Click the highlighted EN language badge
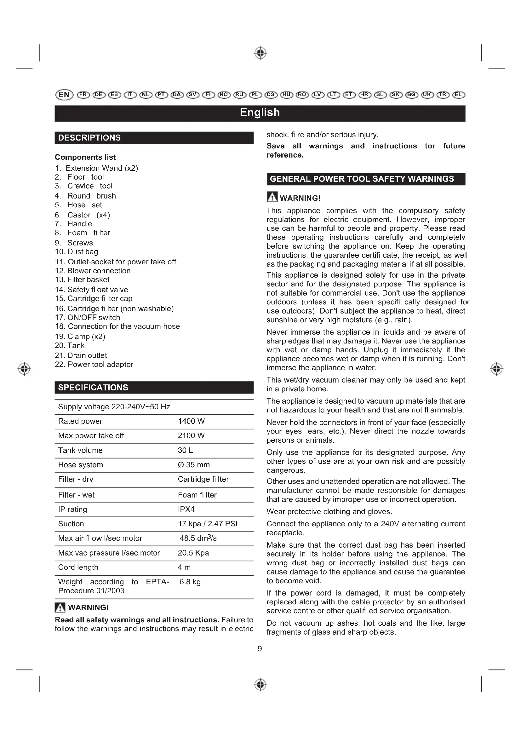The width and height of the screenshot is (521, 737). coord(64,95)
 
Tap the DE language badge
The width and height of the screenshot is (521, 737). coord(99,95)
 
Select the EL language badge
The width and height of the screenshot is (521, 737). coord(458,95)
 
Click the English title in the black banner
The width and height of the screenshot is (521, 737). coord(260,113)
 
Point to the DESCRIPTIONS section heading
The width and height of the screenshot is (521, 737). coord(89,138)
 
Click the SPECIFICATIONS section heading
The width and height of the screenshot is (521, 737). coord(93,388)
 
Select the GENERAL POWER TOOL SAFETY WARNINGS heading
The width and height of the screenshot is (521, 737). coord(362,179)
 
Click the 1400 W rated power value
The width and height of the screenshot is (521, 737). coord(191,421)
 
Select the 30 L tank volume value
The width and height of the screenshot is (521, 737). coord(186,450)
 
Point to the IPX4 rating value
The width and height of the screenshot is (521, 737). coord(186,509)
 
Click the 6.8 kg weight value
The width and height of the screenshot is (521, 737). coord(190,582)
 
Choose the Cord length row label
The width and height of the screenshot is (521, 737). coord(78,567)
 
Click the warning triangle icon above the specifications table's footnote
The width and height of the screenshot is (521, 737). coord(60,607)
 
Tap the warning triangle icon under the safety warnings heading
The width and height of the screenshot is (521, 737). coord(272,197)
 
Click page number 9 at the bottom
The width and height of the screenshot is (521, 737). coord(260,648)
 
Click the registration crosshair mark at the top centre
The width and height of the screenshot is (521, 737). coord(260,53)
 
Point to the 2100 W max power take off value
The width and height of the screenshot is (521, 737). coord(191,435)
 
